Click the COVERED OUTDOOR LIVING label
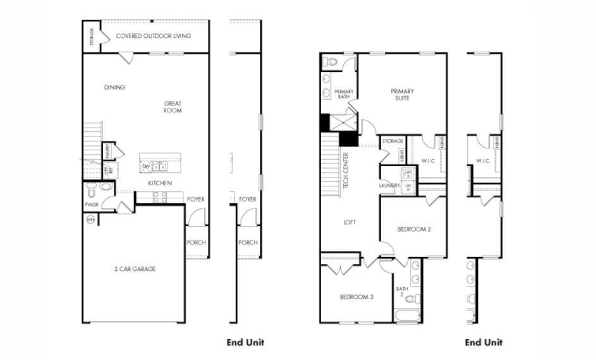coord(154,36)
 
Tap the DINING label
coord(114,87)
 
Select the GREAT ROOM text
coord(173,107)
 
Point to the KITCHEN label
coord(160,183)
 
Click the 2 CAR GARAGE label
coord(135,269)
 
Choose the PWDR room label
coord(92,205)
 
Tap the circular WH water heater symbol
coord(90,220)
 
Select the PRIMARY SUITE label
coord(402,94)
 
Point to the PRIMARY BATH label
coord(343,94)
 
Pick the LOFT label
coord(350,222)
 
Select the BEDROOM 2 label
coord(413,229)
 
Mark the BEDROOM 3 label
coord(356,296)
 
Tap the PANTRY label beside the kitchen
coord(108,152)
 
